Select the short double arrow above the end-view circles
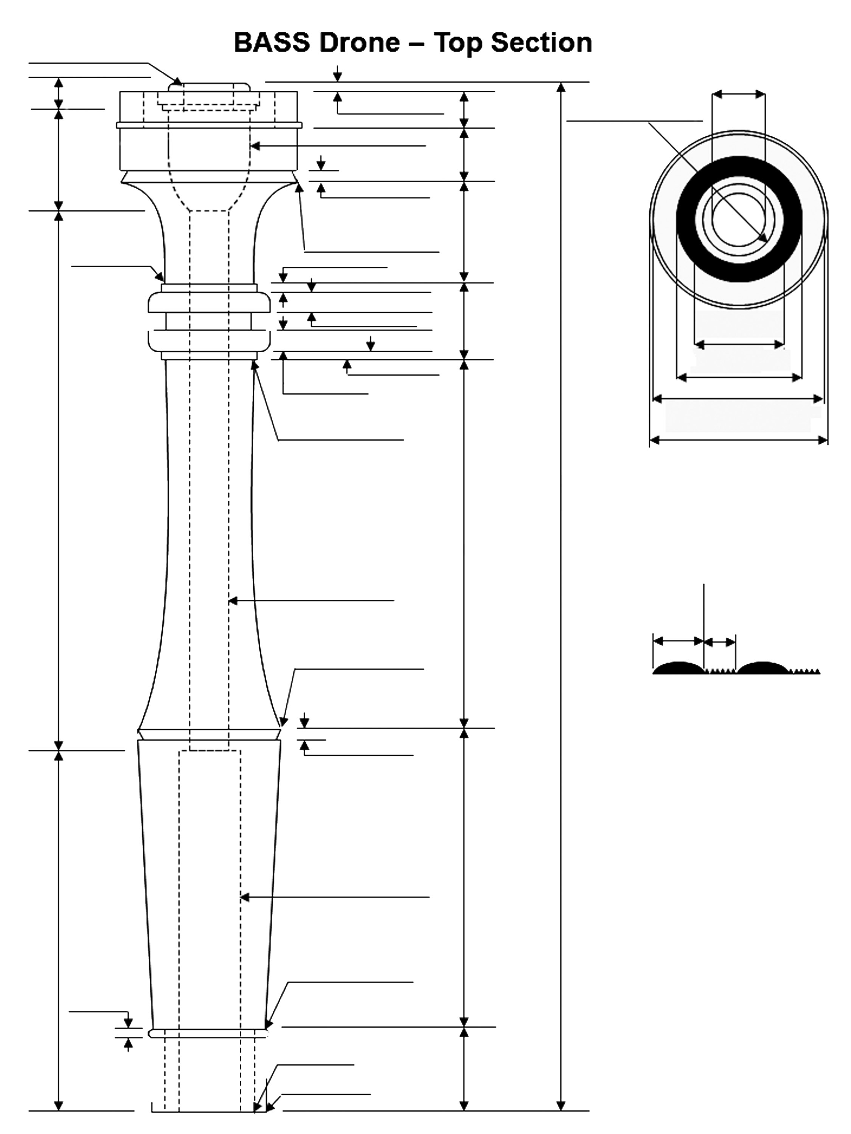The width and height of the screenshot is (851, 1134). (x=739, y=94)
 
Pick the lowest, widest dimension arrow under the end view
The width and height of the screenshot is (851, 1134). (x=739, y=439)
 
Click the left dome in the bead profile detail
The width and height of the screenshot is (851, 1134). (x=678, y=667)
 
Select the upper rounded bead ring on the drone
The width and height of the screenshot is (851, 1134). (x=209, y=302)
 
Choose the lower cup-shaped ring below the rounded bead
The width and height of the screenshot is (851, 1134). (x=209, y=341)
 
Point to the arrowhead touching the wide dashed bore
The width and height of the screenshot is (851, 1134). (x=245, y=897)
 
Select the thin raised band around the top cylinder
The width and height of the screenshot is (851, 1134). (x=209, y=125)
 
